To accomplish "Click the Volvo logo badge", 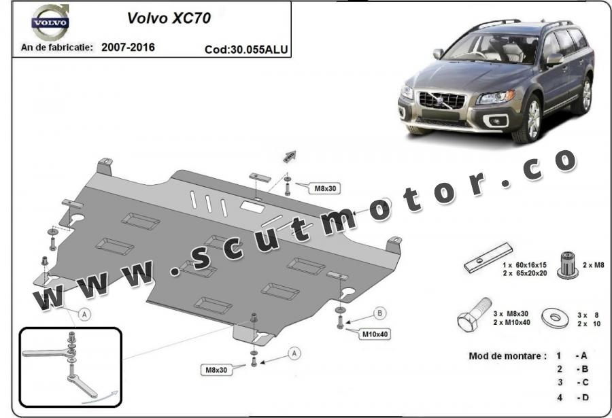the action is pos(50,22).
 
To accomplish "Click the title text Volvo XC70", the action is pos(169,18).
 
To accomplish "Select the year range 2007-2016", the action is pos(128,47).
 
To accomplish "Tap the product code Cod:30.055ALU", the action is pos(246,50).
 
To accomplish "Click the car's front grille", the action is pos(442,101).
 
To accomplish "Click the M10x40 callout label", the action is pos(375,334).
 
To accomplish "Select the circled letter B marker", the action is pos(379,313).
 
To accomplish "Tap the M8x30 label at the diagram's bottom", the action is pos(216,370).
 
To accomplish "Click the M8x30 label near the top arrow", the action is pos(325,188).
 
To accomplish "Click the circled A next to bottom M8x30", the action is pos(294,353).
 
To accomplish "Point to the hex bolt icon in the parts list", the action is pos(474,314).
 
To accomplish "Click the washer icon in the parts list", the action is pos(558,317).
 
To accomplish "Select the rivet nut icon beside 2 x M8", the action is pos(568,265).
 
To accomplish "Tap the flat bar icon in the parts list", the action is pos(488,258).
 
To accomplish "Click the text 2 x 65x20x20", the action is pos(525,273).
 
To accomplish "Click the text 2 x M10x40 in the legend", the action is pos(511,322).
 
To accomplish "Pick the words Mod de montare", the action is pos(505,356).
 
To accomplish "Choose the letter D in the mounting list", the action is pos(584,398).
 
